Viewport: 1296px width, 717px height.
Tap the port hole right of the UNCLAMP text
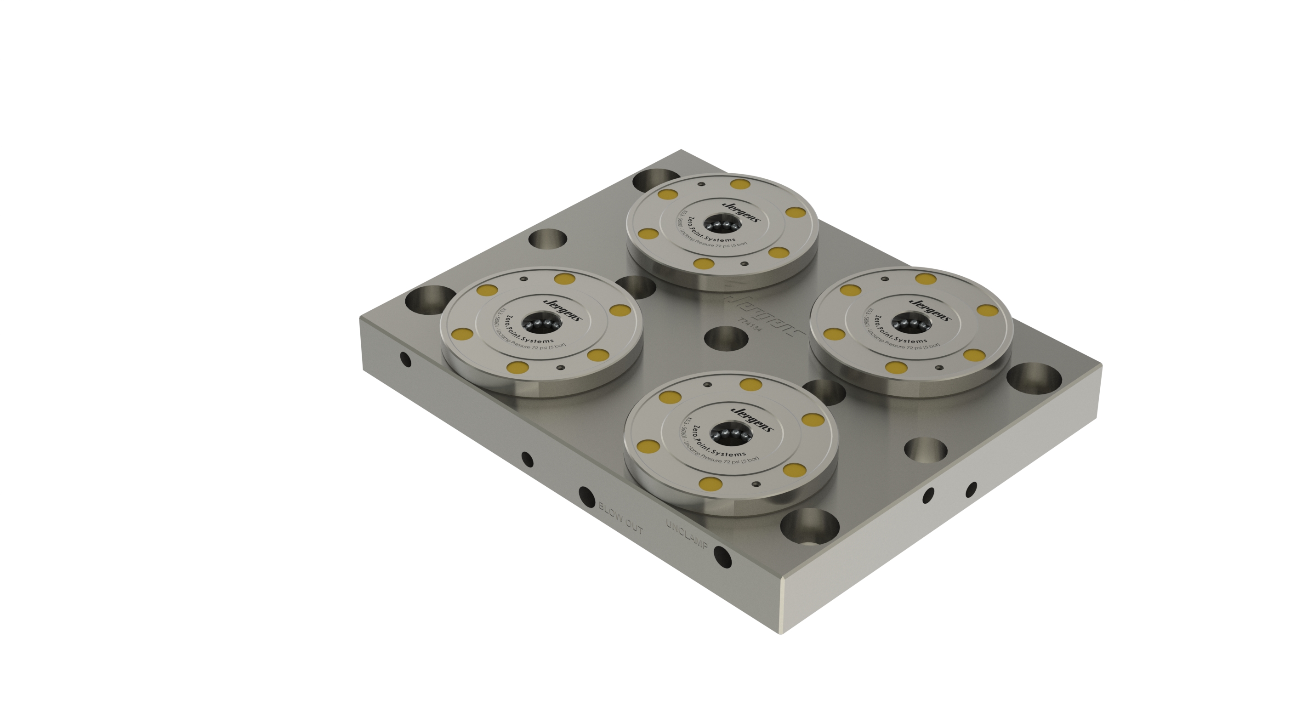722,557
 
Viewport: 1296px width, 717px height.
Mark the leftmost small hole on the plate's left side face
405,359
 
